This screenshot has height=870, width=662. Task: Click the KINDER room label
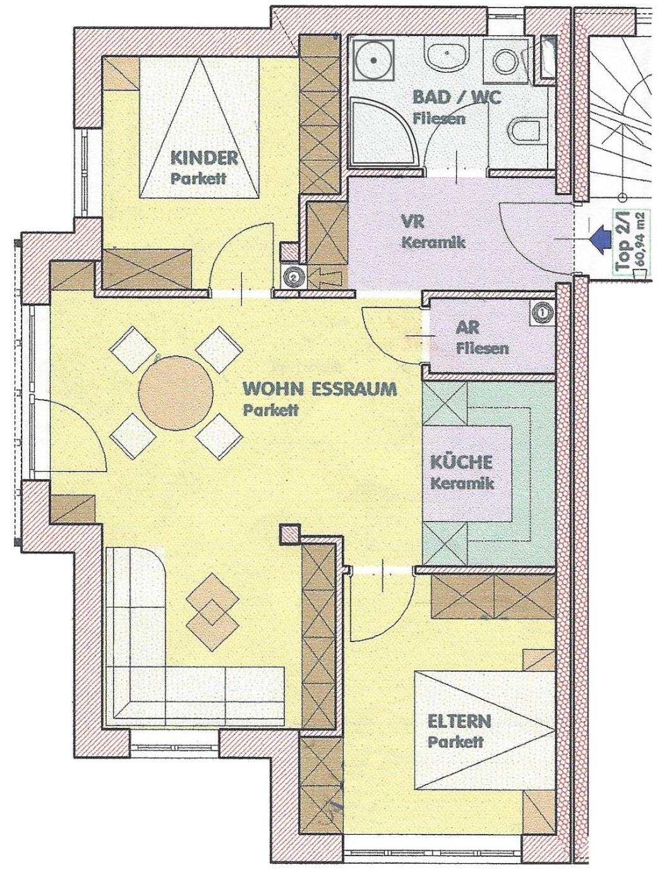click(x=204, y=158)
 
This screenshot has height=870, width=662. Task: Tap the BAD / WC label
click(x=457, y=97)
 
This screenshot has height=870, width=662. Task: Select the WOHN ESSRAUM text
click(x=320, y=389)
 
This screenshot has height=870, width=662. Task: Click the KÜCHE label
click(x=462, y=462)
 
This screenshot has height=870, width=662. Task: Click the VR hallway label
click(x=412, y=222)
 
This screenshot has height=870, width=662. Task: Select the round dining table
click(x=176, y=392)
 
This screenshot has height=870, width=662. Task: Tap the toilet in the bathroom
click(x=524, y=131)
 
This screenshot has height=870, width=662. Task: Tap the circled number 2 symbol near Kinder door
click(x=293, y=276)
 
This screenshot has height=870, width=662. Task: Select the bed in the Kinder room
click(x=200, y=128)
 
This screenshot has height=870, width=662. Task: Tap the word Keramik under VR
click(x=433, y=242)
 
